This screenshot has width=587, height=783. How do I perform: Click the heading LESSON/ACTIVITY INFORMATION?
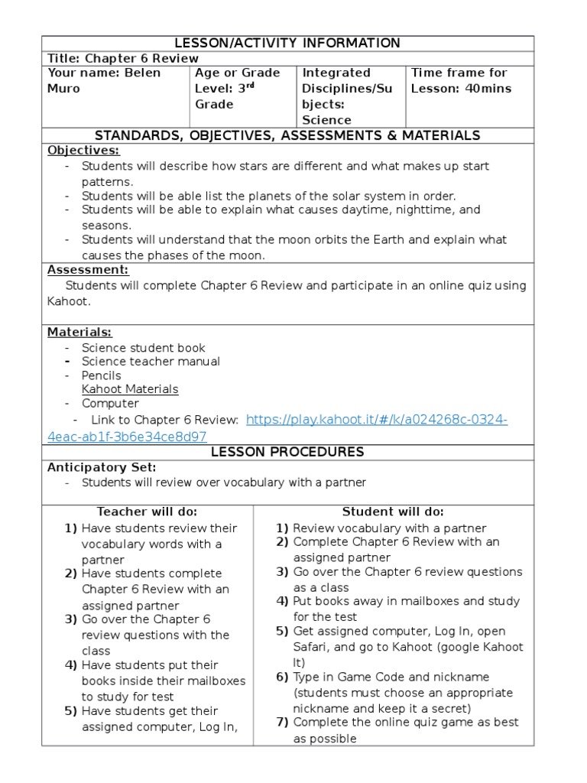[x=287, y=43]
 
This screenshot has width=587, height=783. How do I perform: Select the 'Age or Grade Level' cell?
[x=237, y=88]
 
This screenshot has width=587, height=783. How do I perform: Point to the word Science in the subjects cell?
[x=326, y=120]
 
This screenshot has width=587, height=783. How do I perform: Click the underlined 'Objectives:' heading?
[x=83, y=151]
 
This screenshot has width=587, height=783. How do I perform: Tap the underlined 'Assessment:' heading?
[x=88, y=270]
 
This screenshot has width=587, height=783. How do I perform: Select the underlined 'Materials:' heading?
[x=79, y=332]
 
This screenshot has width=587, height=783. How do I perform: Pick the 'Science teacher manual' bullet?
[x=151, y=362]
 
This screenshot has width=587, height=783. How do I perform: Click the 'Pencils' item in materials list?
[x=101, y=375]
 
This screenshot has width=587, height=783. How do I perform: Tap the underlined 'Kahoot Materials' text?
[x=130, y=389]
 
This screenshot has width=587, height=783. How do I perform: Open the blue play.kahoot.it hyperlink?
[x=378, y=420]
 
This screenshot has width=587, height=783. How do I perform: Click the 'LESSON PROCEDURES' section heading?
[x=287, y=452]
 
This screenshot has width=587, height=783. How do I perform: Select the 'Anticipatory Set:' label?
[x=102, y=467]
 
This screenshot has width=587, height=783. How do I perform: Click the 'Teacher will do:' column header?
[x=147, y=512]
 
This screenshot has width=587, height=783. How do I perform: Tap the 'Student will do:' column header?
[x=393, y=512]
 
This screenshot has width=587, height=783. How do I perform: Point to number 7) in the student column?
[x=282, y=723]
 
